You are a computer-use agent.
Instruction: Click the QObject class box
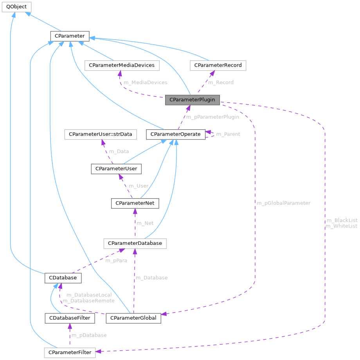16,7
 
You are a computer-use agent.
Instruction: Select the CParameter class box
70,36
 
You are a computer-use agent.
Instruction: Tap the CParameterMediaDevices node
122,65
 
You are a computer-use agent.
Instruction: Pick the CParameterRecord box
218,65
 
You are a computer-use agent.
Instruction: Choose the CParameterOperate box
175,134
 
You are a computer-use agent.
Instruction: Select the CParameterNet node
135,203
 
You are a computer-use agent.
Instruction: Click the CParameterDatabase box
135,243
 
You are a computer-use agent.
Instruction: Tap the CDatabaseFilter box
70,318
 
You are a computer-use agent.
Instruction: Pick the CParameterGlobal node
133,318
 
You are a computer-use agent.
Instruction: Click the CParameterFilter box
69,352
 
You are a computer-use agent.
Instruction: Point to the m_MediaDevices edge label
145,82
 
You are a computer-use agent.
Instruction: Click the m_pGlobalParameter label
283,203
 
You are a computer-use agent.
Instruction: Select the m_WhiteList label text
341,226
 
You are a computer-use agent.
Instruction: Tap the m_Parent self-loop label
228,134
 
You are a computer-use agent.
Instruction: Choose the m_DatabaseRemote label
88,300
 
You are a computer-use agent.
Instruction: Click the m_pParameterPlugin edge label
212,117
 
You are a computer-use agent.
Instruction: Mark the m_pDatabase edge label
89,335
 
